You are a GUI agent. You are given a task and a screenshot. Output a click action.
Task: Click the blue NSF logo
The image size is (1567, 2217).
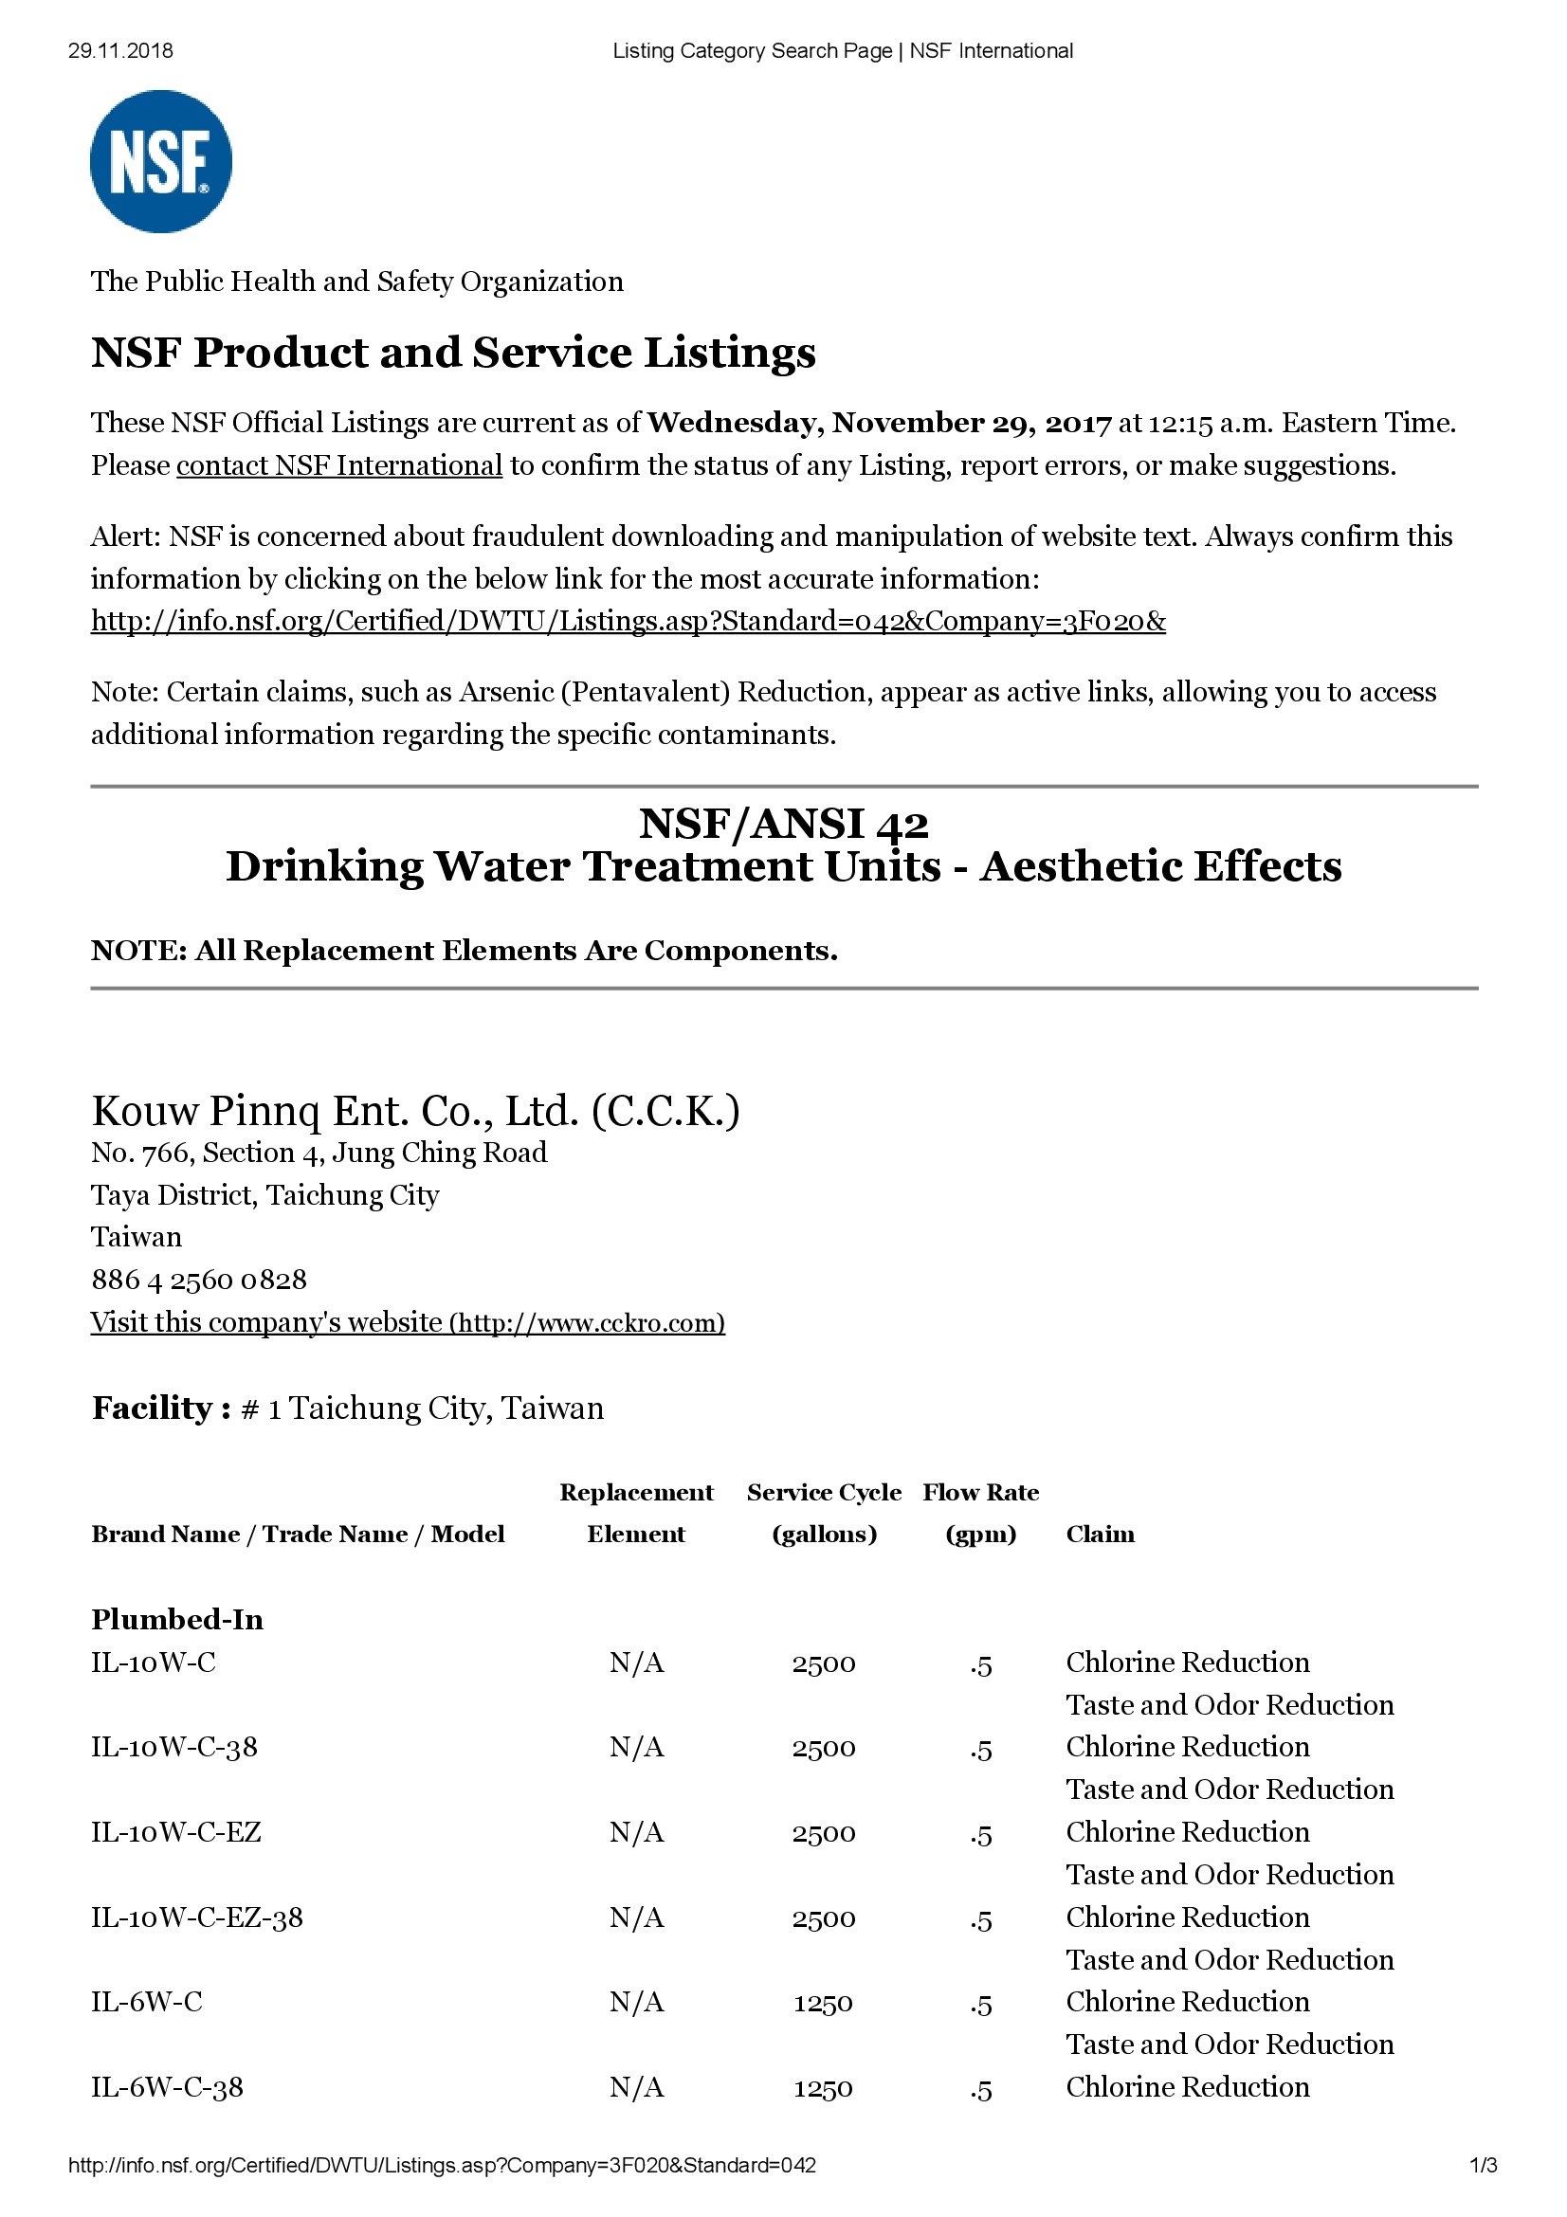point(160,161)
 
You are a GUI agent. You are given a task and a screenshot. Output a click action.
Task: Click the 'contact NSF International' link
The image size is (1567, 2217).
point(338,465)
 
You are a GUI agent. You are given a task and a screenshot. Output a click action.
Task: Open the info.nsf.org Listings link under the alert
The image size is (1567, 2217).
point(628,621)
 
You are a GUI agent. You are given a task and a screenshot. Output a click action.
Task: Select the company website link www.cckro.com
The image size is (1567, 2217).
point(408,1322)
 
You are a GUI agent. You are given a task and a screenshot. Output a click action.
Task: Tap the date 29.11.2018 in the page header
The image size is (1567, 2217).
point(120,51)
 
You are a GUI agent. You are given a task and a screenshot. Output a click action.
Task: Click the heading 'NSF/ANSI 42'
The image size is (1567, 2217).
point(783,824)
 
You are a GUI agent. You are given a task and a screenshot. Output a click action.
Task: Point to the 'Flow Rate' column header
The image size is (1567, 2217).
point(980,1493)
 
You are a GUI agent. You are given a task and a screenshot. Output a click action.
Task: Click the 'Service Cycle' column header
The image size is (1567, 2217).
point(824,1493)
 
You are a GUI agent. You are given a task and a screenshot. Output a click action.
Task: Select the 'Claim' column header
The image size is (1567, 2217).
point(1100,1535)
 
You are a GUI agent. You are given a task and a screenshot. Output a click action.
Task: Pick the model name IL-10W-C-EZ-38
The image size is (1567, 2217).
point(197,1917)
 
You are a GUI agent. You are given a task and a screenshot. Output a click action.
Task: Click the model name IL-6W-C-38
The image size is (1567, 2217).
point(167,2086)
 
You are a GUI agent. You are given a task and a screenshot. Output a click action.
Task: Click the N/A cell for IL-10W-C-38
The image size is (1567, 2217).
point(636,1747)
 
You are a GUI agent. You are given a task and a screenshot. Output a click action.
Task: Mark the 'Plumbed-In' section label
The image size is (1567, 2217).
point(176,1619)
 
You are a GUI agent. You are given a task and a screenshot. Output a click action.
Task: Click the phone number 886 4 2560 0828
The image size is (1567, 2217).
point(199,1280)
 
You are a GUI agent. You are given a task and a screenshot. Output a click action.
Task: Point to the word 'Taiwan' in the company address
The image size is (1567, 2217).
point(137,1237)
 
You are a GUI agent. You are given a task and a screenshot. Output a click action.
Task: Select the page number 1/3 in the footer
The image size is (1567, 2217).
point(1483,2166)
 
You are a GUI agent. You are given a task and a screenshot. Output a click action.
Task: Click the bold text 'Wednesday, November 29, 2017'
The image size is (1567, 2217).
point(879,423)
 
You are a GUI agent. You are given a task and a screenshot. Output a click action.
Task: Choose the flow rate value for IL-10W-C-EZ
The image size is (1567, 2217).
point(981,1833)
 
